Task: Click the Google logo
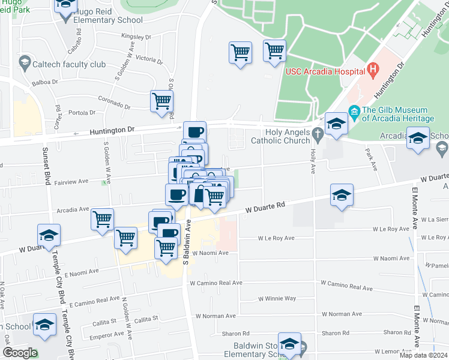coord(19,352)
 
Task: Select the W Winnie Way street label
coord(277,298)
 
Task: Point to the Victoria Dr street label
coord(149,59)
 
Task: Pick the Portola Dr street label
coord(83,112)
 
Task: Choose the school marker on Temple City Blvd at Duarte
coord(49,235)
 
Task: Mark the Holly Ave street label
coord(313,163)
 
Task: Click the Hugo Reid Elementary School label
coord(108,20)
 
